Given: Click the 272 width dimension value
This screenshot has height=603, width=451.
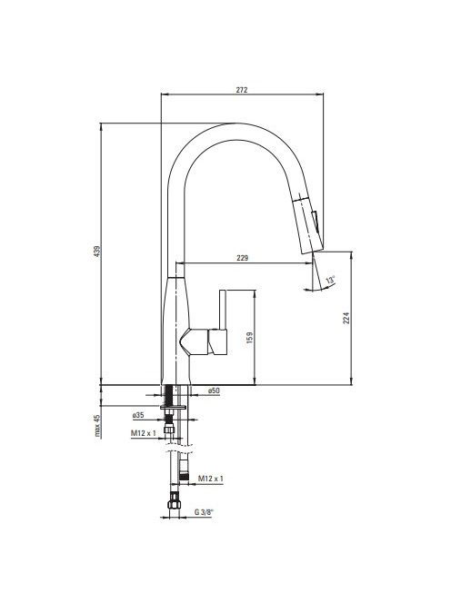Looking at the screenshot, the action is pyautogui.click(x=242, y=90).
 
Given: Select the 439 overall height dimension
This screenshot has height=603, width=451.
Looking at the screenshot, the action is pyautogui.click(x=97, y=252).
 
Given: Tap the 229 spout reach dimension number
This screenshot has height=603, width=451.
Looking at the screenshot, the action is pyautogui.click(x=242, y=258).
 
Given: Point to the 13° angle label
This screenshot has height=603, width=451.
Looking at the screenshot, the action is pyautogui.click(x=330, y=280).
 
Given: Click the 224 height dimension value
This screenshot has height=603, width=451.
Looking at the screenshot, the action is pyautogui.click(x=346, y=318).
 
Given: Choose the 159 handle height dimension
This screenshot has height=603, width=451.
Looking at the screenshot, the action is pyautogui.click(x=249, y=337).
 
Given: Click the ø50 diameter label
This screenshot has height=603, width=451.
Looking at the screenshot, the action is pyautogui.click(x=214, y=390).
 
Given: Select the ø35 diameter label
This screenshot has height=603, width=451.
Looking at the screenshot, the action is pyautogui.click(x=138, y=415).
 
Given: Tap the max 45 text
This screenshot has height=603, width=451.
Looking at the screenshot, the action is pyautogui.click(x=98, y=426).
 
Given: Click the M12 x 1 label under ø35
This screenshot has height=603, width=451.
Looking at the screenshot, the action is pyautogui.click(x=144, y=433).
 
